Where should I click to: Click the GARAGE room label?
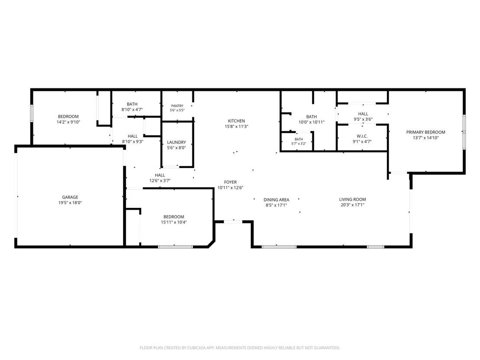70,197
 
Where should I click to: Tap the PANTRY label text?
177,106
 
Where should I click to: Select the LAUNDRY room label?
176,143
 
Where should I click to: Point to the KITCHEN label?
237,121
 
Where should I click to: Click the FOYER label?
230,182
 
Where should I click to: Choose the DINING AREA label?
276,200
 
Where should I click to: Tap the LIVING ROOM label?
352,199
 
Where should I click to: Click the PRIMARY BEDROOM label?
425,132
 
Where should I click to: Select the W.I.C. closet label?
362,136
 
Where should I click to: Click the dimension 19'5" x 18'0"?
70,203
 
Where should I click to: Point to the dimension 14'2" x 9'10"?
68,122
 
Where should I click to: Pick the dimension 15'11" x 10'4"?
174,222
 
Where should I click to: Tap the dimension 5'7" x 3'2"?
298,143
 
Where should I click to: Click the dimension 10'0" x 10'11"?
311,122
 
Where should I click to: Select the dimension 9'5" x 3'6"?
363,120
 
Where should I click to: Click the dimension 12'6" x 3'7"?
160,181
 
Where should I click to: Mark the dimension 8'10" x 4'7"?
132,110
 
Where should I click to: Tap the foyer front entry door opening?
233,221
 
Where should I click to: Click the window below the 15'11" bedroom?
175,247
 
